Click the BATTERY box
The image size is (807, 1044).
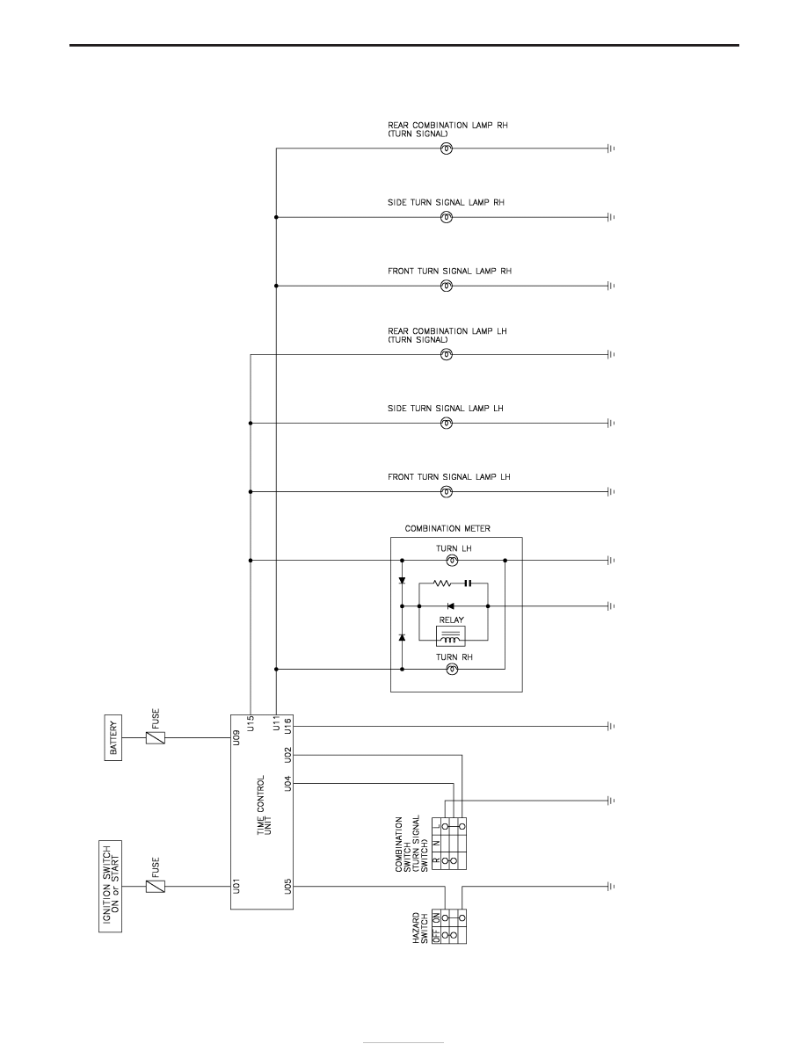click(113, 737)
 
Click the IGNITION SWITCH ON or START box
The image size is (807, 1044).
click(111, 886)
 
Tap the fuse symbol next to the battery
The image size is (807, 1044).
click(155, 737)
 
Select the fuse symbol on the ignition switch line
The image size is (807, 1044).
click(155, 886)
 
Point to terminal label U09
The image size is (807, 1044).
click(237, 737)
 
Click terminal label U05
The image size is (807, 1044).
click(288, 886)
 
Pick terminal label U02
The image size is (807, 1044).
click(288, 755)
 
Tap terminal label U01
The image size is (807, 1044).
click(237, 886)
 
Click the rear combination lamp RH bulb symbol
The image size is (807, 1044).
click(447, 149)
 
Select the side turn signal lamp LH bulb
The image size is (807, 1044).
click(447, 423)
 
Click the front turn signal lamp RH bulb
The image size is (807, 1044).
click(447, 286)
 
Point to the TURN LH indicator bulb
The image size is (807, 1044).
click(452, 561)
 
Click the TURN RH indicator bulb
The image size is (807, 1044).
click(452, 669)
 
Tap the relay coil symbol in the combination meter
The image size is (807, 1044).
click(451, 636)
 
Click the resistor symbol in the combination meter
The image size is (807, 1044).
click(442, 584)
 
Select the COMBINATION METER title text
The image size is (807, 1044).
click(447, 529)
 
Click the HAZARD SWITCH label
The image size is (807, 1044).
click(420, 927)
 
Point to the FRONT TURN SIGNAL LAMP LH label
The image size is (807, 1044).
click(449, 476)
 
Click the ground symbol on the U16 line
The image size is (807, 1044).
click(611, 727)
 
